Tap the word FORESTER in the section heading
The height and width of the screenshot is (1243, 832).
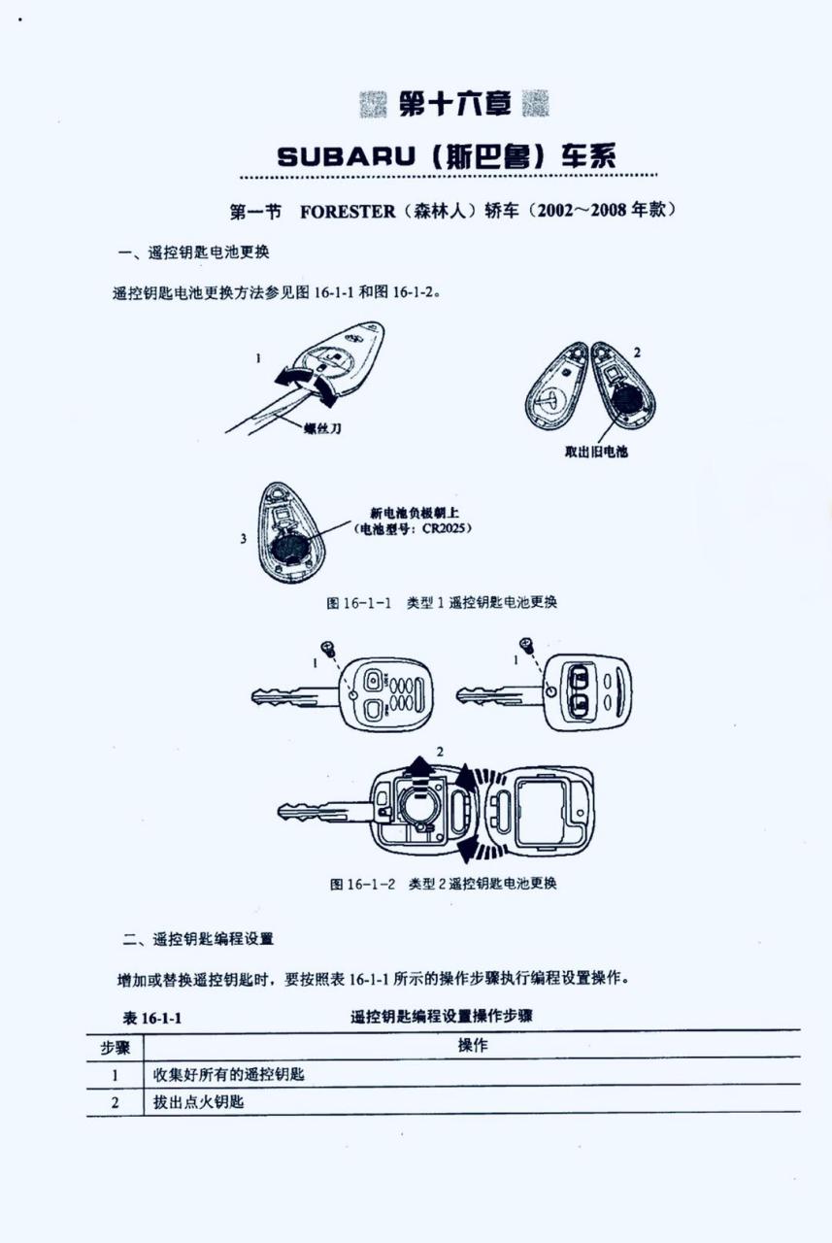coord(348,211)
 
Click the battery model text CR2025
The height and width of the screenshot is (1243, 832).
coord(447,530)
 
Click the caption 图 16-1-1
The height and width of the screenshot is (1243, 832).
coord(358,603)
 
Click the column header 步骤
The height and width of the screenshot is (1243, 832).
coord(116,1047)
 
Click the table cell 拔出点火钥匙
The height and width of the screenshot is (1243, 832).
coord(198,1103)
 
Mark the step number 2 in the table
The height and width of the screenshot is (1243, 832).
coord(115,1103)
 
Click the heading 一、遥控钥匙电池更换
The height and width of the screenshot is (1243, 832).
coord(193,253)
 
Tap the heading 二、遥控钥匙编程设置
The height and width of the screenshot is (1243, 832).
coord(198,939)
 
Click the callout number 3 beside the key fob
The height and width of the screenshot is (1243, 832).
coord(243,538)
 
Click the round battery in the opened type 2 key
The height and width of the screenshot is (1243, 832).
coord(418,805)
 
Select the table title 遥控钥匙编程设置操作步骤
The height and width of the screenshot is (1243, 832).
coord(441,1017)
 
